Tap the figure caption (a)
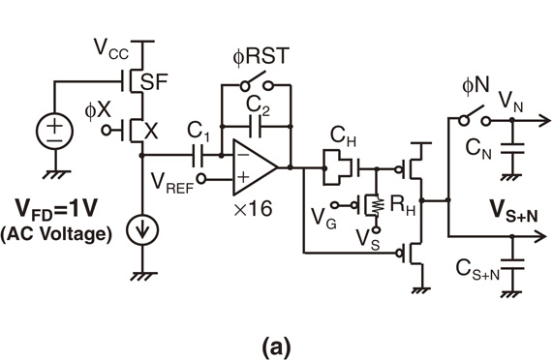[x=275, y=342]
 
